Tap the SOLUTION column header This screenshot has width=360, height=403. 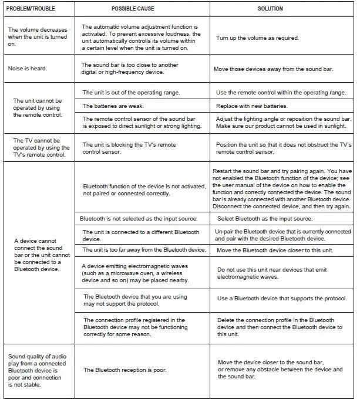tap(270, 9)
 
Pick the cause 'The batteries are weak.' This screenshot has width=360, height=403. tap(113, 106)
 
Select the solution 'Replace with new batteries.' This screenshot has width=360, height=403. tap(252, 106)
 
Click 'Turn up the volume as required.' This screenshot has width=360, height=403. tap(258, 38)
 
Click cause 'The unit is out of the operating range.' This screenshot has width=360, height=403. tap(131, 93)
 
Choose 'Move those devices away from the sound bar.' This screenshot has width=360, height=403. tap(274, 69)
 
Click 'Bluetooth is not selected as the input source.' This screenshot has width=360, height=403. tap(139, 219)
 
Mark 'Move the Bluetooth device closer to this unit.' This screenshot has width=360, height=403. tap(275, 250)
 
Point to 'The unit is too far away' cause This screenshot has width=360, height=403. tap(144, 250)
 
